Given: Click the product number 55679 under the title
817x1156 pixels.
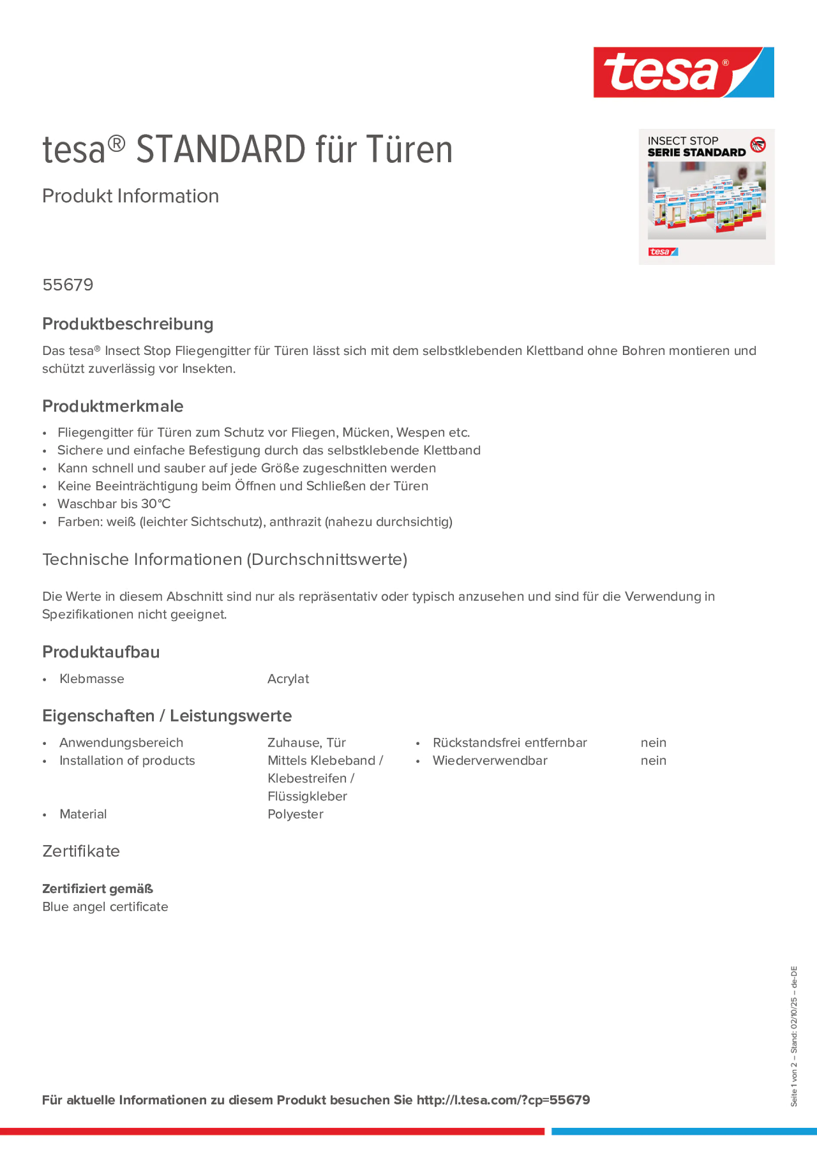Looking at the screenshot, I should point(68,285).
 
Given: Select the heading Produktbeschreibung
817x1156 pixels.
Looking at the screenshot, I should point(128,324).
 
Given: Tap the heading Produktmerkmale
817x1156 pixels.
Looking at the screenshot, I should point(113,406).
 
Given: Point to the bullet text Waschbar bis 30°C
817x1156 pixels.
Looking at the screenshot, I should point(114,503).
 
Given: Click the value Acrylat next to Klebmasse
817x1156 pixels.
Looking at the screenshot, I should point(288,679).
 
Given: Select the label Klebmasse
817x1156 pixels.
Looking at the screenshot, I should point(92,679).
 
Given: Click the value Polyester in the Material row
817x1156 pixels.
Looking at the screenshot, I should point(295,814).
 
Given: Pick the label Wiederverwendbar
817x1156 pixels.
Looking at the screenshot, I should point(490,760).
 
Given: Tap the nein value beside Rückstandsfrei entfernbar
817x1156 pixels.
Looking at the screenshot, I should point(653,743).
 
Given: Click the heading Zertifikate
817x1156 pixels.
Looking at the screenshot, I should point(81,851).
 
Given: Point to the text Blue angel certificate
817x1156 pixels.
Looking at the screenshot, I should point(105,907).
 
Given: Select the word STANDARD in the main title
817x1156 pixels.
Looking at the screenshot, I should point(221,150).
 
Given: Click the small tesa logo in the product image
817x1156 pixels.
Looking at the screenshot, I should point(663,252).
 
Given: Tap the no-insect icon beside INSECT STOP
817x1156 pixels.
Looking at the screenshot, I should point(758,145).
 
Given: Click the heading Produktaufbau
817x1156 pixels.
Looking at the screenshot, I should point(101,652).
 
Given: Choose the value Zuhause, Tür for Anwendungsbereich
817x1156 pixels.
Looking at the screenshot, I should point(306,743).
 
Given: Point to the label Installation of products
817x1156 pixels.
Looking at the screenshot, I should point(127,760).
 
